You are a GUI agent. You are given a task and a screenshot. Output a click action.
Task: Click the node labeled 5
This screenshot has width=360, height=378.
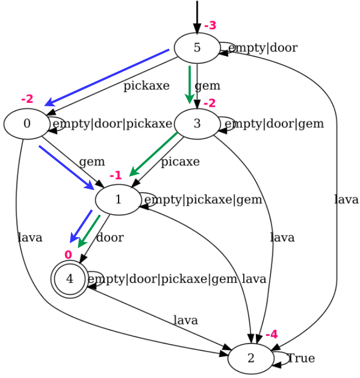point(197,48)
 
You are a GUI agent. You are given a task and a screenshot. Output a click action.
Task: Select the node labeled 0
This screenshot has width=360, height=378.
point(27,123)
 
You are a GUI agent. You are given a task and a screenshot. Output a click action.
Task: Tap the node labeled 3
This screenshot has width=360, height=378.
point(197,123)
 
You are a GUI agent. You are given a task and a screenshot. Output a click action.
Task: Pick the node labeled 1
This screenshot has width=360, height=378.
point(118,199)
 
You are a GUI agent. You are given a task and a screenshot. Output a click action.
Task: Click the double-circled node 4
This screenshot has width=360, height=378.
point(70,279)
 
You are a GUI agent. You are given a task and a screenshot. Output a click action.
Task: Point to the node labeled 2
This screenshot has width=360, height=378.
point(250,358)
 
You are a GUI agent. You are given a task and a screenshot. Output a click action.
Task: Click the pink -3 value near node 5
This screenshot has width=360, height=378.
point(210,25)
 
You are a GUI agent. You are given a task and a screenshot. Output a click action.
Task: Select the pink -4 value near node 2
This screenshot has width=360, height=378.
point(271,334)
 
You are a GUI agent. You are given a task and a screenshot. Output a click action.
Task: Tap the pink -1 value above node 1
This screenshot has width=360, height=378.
point(116,175)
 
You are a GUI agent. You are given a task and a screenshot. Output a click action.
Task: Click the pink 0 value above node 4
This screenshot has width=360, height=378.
point(68,255)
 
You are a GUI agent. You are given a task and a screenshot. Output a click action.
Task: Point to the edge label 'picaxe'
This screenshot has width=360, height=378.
point(180,162)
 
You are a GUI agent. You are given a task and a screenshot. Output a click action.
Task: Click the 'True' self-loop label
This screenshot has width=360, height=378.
point(301,358)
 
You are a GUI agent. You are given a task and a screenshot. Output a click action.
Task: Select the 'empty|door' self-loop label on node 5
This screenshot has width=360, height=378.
point(263,48)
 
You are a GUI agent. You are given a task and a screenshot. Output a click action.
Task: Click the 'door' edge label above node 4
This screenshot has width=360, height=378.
point(110,238)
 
